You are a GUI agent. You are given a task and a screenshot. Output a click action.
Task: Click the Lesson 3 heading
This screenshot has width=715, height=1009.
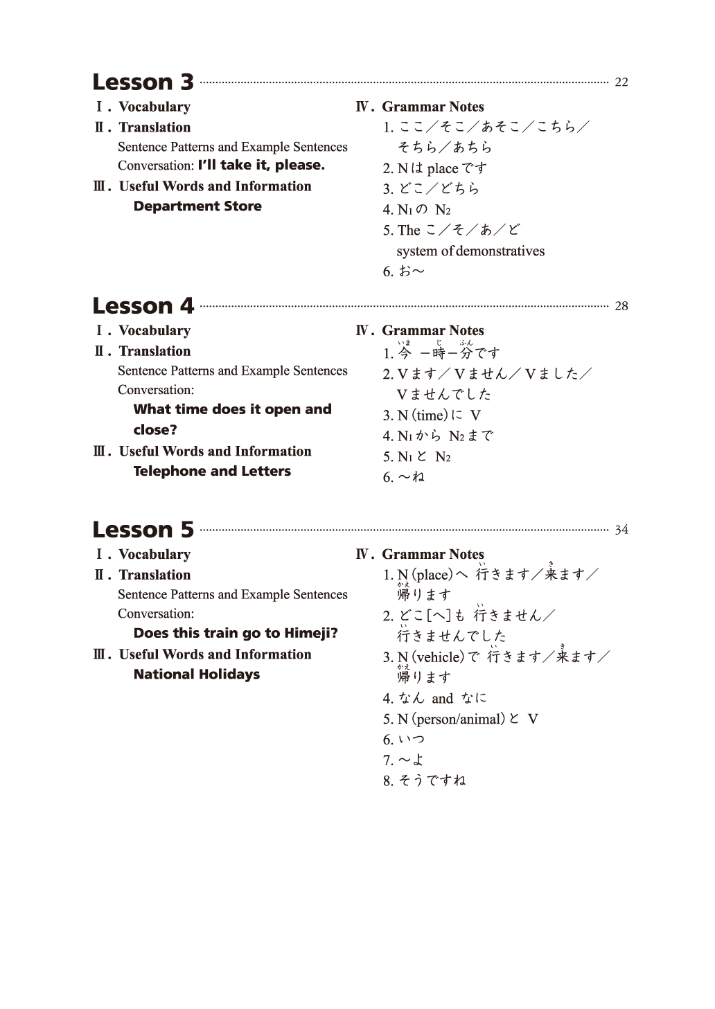143,82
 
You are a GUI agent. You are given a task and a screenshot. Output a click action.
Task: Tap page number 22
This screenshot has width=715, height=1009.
621,82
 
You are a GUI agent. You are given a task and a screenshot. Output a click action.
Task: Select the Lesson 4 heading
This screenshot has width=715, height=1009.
143,306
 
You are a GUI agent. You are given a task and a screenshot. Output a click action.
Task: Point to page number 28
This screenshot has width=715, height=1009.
621,306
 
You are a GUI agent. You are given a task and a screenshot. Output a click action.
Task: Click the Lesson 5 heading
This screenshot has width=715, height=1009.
143,530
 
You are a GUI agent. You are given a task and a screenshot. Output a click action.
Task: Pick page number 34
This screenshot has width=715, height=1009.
621,530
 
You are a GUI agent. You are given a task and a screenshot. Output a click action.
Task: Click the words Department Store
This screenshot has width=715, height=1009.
197,206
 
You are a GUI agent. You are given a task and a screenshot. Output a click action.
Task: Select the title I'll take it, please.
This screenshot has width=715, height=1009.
261,166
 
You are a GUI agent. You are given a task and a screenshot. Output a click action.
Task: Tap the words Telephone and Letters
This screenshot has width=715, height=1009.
212,472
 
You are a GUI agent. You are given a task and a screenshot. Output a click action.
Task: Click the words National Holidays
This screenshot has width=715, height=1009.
197,675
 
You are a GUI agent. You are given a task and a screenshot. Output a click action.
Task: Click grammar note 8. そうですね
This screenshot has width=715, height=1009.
425,781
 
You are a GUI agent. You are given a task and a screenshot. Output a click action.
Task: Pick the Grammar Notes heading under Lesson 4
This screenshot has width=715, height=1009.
432,331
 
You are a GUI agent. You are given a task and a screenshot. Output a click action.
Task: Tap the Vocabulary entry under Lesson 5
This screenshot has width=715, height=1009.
154,555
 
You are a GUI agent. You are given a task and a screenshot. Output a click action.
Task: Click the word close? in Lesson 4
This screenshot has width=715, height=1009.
155,430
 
